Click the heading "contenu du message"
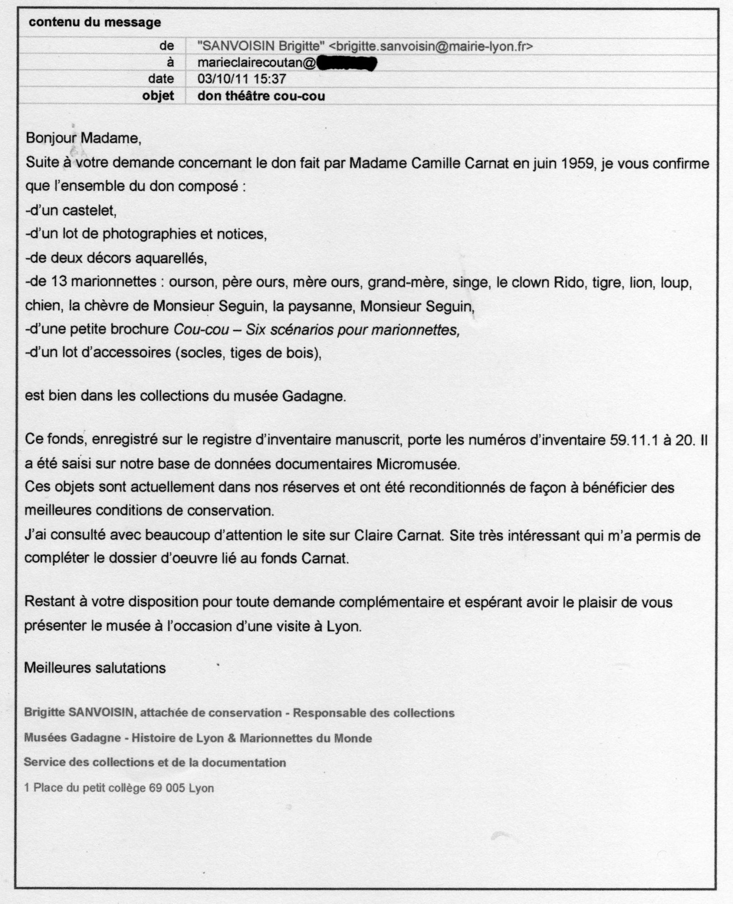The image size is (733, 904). [x=95, y=22]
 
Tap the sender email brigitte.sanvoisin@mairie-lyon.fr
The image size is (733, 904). [x=430, y=46]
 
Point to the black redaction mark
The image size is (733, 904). [x=346, y=64]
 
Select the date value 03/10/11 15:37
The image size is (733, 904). [x=242, y=79]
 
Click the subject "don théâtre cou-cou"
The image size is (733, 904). [x=261, y=96]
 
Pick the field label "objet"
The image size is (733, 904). [x=158, y=96]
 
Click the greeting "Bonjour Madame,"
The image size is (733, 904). [x=84, y=137]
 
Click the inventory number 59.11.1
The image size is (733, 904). [x=634, y=440]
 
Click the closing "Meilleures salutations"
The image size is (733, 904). [x=95, y=668]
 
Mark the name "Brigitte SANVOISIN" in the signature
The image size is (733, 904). [x=79, y=713]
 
